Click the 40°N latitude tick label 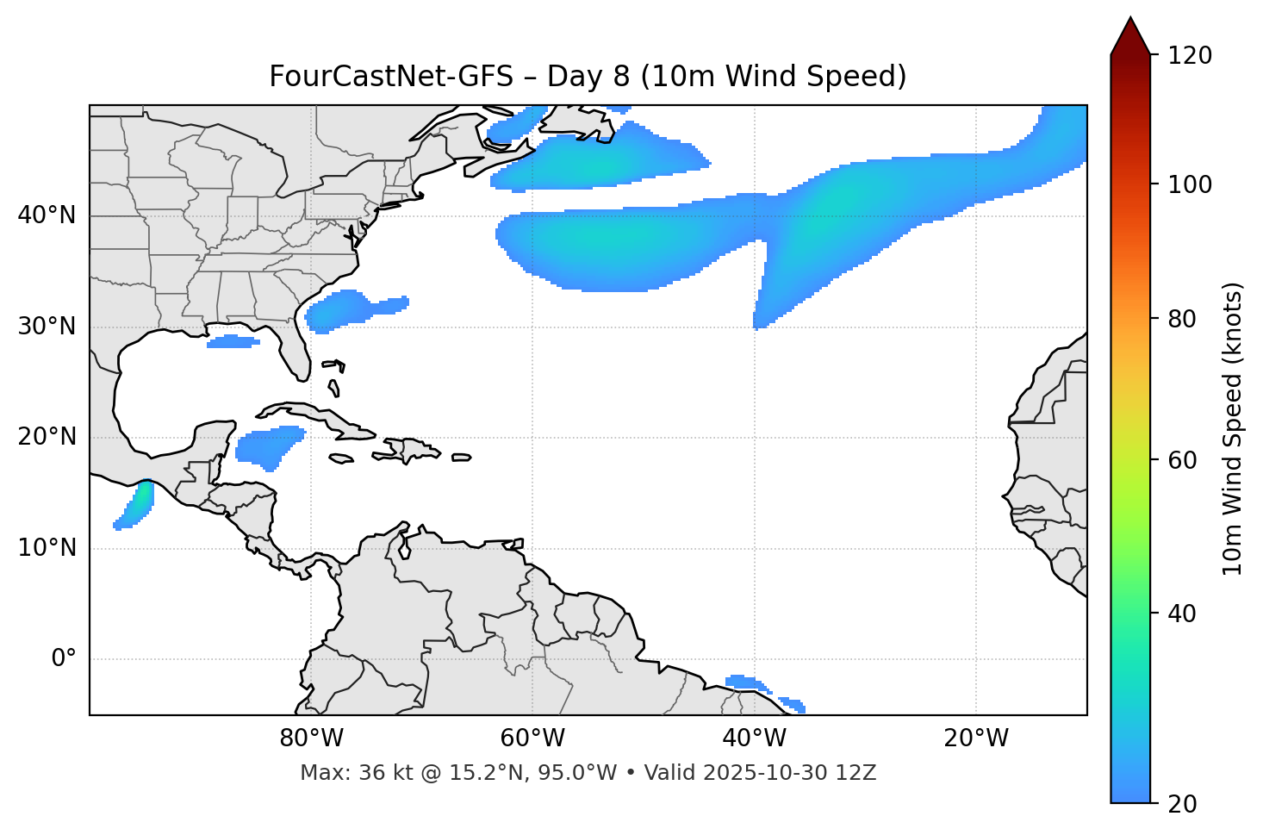47,215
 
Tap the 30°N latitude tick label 47,327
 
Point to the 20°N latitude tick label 47,437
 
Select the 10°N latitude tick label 47,548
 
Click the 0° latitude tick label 64,659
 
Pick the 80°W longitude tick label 311,738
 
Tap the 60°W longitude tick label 532,738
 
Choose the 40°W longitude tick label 755,738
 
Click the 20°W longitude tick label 976,738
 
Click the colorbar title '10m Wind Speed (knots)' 1233,428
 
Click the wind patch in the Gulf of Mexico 233,342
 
